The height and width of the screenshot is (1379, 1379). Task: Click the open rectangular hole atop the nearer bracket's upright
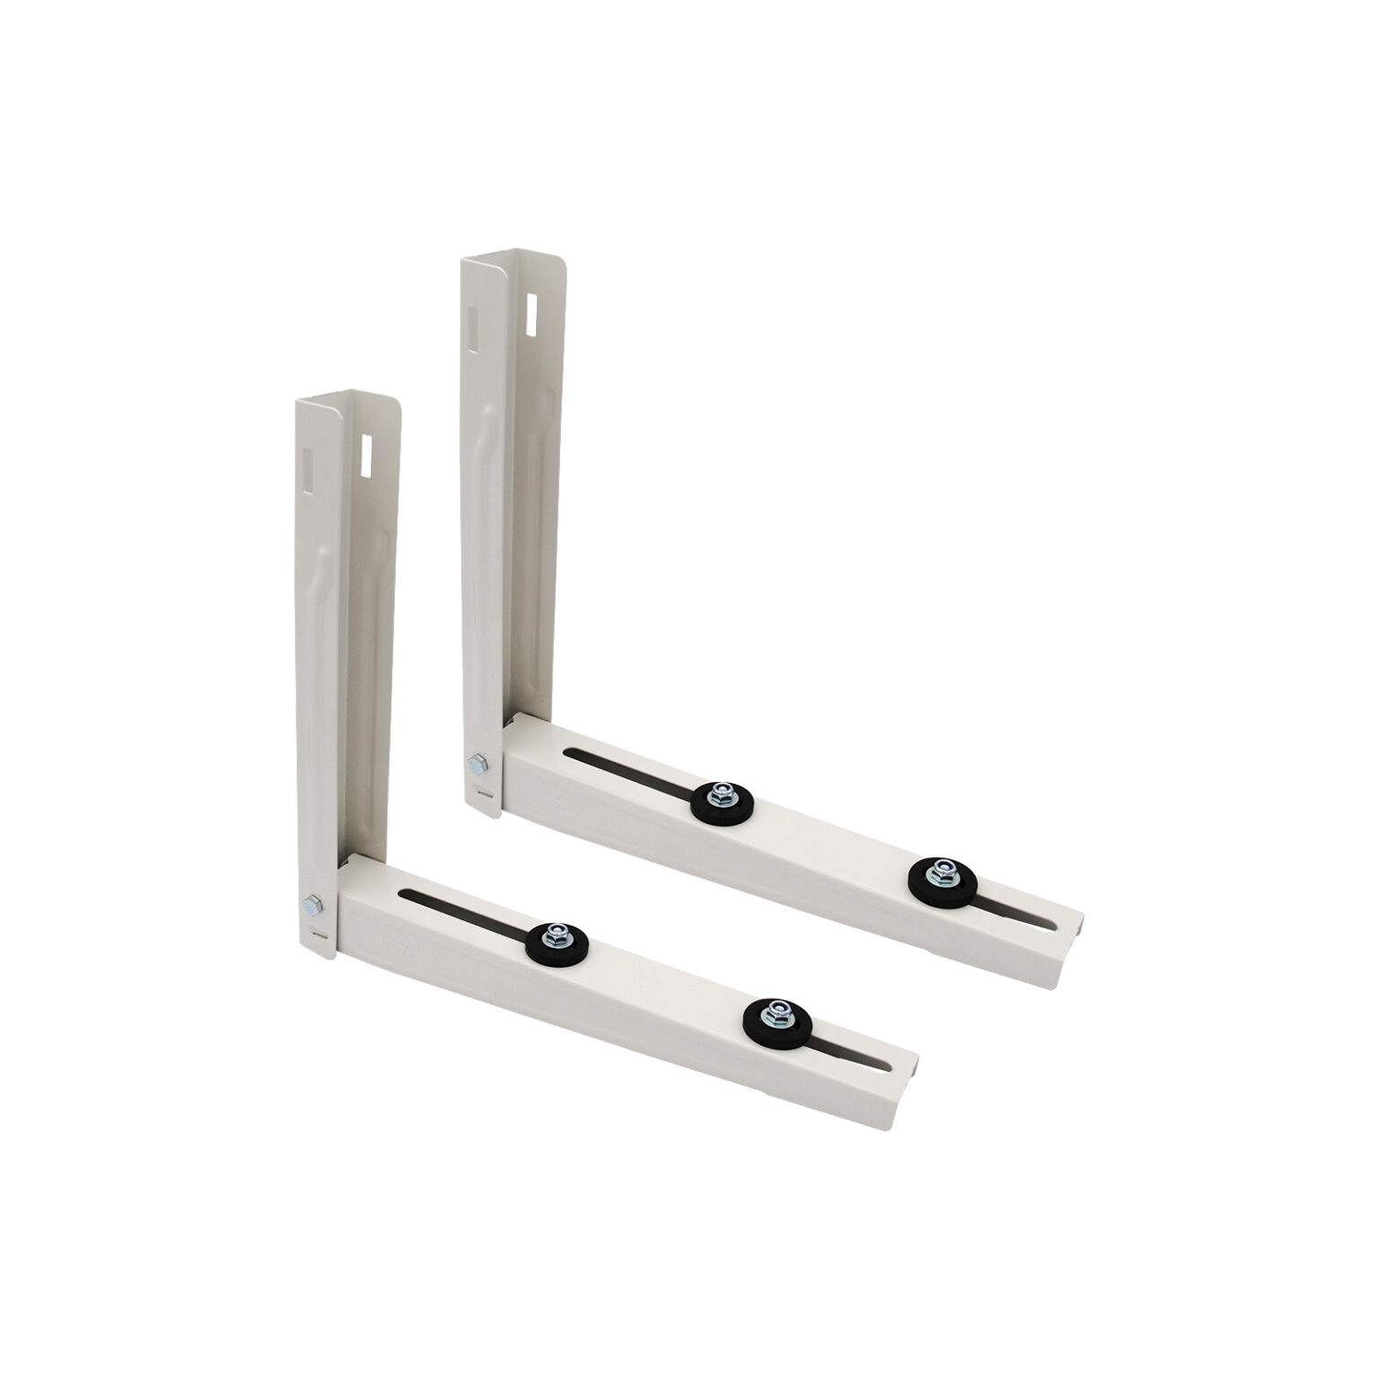tap(365, 453)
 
